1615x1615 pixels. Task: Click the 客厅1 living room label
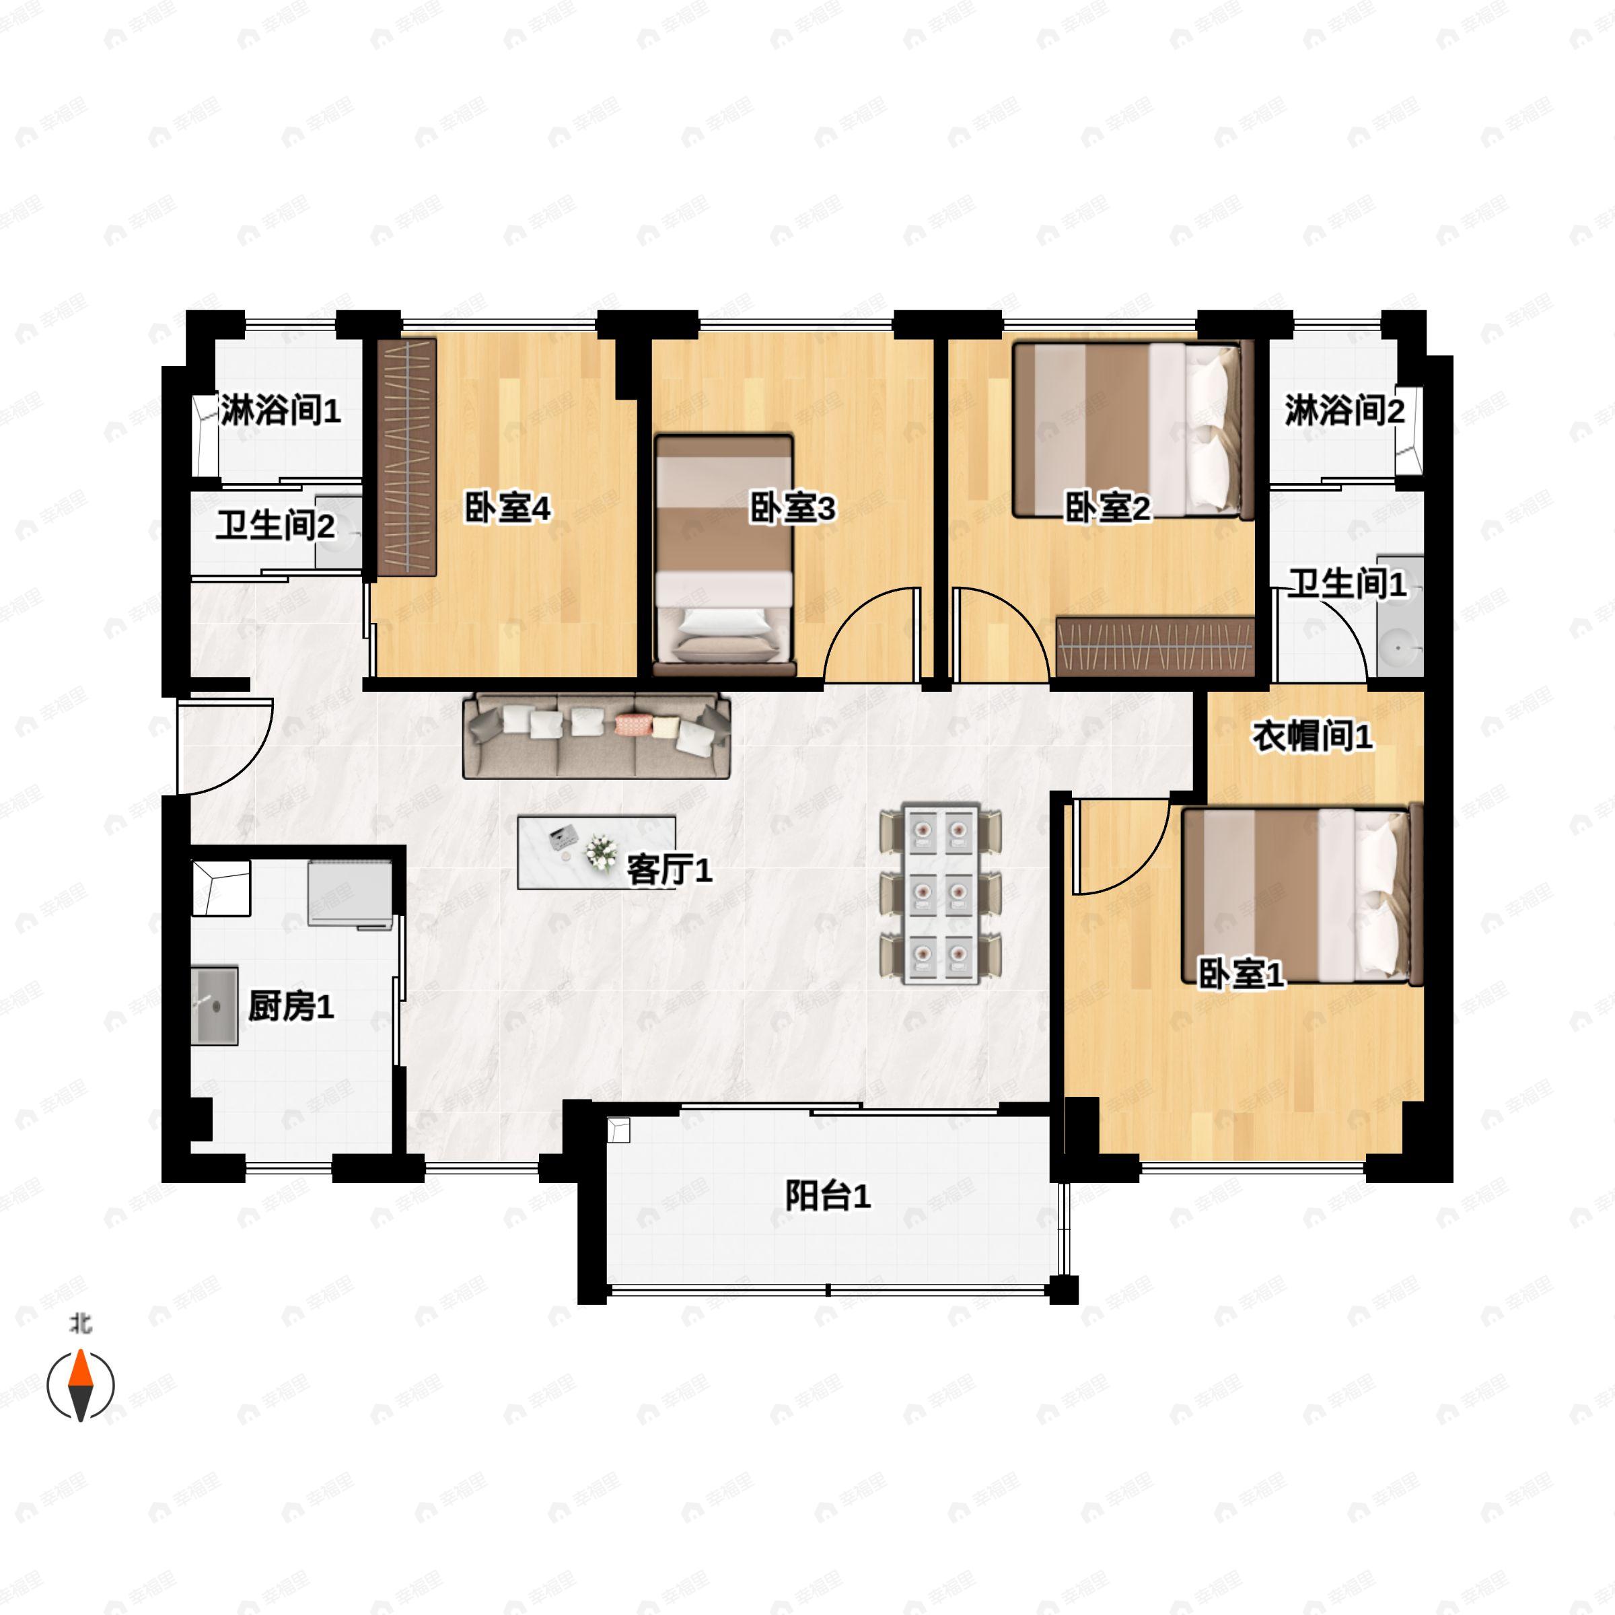(669, 871)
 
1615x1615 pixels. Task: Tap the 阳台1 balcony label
(828, 1196)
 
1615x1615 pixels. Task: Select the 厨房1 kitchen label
(291, 1007)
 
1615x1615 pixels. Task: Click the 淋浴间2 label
(1344, 410)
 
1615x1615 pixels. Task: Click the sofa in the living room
(597, 735)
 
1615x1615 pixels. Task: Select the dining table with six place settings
(941, 894)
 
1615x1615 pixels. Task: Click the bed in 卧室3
(723, 555)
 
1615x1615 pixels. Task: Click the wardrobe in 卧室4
(407, 456)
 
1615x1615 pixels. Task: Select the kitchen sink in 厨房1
(215, 1005)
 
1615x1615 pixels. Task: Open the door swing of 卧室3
(873, 635)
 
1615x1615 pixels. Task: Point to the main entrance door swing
(224, 744)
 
